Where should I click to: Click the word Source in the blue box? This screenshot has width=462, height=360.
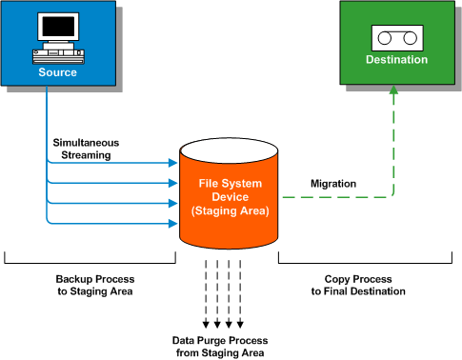(58, 72)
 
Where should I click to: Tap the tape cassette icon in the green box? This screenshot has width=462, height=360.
(396, 39)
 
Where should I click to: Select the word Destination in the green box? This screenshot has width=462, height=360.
(396, 61)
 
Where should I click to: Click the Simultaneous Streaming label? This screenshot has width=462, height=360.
(85, 148)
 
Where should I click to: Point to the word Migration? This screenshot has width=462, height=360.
(333, 183)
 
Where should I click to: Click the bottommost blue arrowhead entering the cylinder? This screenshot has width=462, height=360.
(174, 223)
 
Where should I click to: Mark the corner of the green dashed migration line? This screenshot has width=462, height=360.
(392, 197)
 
